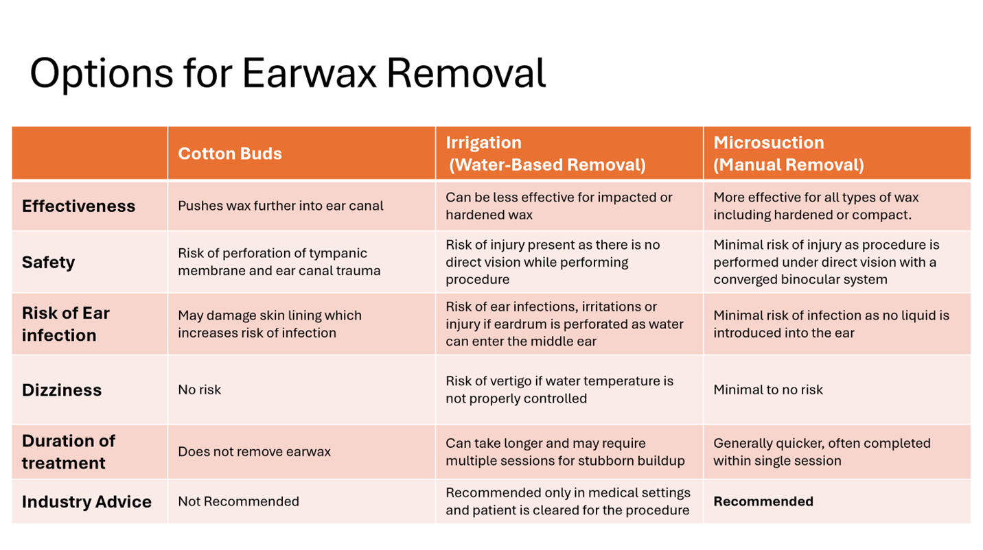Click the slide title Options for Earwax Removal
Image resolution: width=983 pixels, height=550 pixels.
point(288,73)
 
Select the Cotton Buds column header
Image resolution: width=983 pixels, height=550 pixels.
point(230,154)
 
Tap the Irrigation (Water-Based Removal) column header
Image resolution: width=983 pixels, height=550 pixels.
point(546,154)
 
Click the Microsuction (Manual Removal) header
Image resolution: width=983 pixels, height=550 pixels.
point(789,154)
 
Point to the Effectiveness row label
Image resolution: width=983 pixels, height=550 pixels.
point(78,206)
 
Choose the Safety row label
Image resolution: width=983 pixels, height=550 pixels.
point(48,262)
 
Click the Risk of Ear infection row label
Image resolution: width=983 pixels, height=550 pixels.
point(66,324)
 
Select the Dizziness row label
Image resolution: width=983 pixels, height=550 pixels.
point(62,390)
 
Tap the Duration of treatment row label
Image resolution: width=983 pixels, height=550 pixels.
point(69,452)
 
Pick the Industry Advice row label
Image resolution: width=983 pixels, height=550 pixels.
point(87,502)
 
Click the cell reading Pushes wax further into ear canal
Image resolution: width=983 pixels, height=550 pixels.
point(281,206)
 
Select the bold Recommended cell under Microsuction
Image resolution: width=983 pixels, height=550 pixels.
point(763,501)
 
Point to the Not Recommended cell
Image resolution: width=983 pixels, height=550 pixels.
point(239,501)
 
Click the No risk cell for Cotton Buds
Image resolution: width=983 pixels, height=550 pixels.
point(200,390)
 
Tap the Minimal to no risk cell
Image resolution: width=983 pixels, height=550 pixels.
point(768,390)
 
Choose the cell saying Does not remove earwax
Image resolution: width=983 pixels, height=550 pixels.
point(255,452)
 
